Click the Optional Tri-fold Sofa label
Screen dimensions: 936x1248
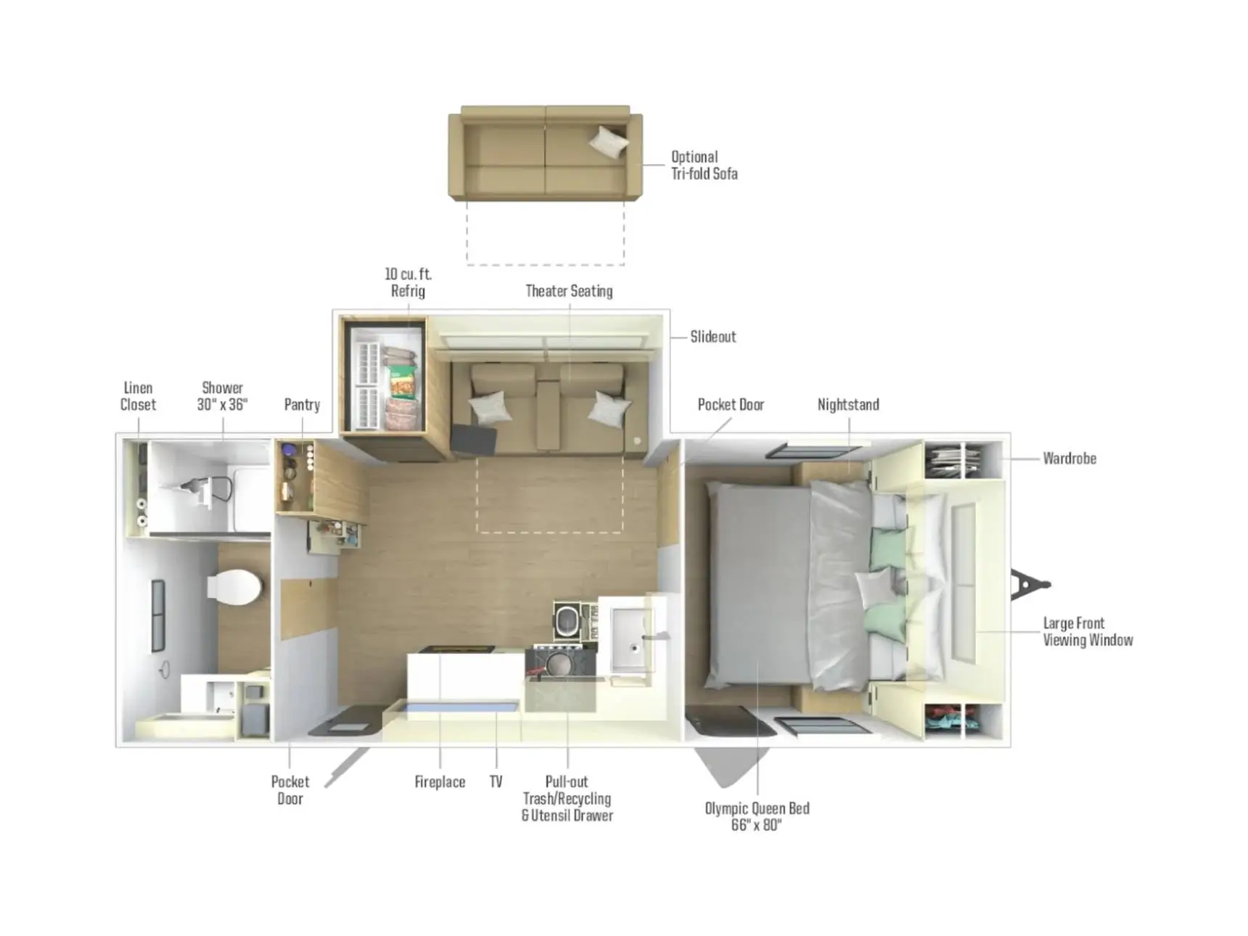pos(703,165)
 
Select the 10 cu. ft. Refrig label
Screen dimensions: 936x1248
pos(408,282)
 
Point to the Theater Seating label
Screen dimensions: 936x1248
pos(569,291)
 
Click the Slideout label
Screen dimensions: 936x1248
pos(713,337)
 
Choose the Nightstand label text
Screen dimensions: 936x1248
pos(847,405)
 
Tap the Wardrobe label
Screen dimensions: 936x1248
pos(1069,459)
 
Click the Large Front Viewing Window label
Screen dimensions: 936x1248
pos(1087,631)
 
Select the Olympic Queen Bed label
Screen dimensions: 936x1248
pos(757,816)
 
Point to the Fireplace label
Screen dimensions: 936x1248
pos(440,782)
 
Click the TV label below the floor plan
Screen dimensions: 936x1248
pos(496,782)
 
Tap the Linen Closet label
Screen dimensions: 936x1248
pos(138,396)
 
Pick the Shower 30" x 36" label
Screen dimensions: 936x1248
pos(222,396)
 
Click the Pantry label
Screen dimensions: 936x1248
pos(302,405)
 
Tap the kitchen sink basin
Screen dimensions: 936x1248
pos(631,630)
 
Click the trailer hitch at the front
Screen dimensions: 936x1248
pos(1029,585)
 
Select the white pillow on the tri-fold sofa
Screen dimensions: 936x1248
pos(608,141)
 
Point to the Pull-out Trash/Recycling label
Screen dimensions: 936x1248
pos(567,798)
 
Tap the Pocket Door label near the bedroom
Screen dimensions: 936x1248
pos(731,405)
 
